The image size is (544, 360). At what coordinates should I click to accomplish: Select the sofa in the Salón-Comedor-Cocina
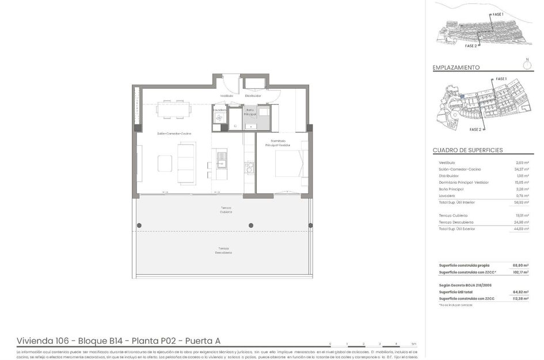pyautogui.click(x=186, y=163)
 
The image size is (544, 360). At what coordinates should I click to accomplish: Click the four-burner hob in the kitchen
pyautogui.click(x=249, y=168)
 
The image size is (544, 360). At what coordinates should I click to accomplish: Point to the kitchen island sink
pyautogui.click(x=221, y=155)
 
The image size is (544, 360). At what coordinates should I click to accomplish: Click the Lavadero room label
pyautogui.click(x=219, y=109)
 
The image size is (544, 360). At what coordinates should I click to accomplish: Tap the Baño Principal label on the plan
pyautogui.click(x=250, y=112)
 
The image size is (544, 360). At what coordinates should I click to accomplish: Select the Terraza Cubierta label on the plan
pyautogui.click(x=226, y=210)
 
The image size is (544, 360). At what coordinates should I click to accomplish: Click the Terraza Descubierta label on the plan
pyautogui.click(x=224, y=251)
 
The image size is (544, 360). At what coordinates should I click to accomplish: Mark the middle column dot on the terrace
pyautogui.click(x=250, y=225)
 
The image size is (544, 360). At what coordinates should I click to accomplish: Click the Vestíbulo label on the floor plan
pyautogui.click(x=226, y=96)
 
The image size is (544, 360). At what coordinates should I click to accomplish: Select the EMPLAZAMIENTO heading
pyautogui.click(x=456, y=67)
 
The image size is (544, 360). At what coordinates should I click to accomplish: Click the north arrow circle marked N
pyautogui.click(x=527, y=65)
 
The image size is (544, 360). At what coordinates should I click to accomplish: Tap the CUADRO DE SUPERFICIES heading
pyautogui.click(x=467, y=150)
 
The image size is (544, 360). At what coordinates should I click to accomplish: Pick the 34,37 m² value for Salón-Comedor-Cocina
pyautogui.click(x=522, y=169)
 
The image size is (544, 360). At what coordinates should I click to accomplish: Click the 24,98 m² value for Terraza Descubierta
pyautogui.click(x=522, y=222)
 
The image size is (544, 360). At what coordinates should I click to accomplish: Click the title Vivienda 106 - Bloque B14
pyautogui.click(x=118, y=341)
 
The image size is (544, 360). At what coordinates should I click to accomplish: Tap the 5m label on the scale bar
pyautogui.click(x=414, y=343)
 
